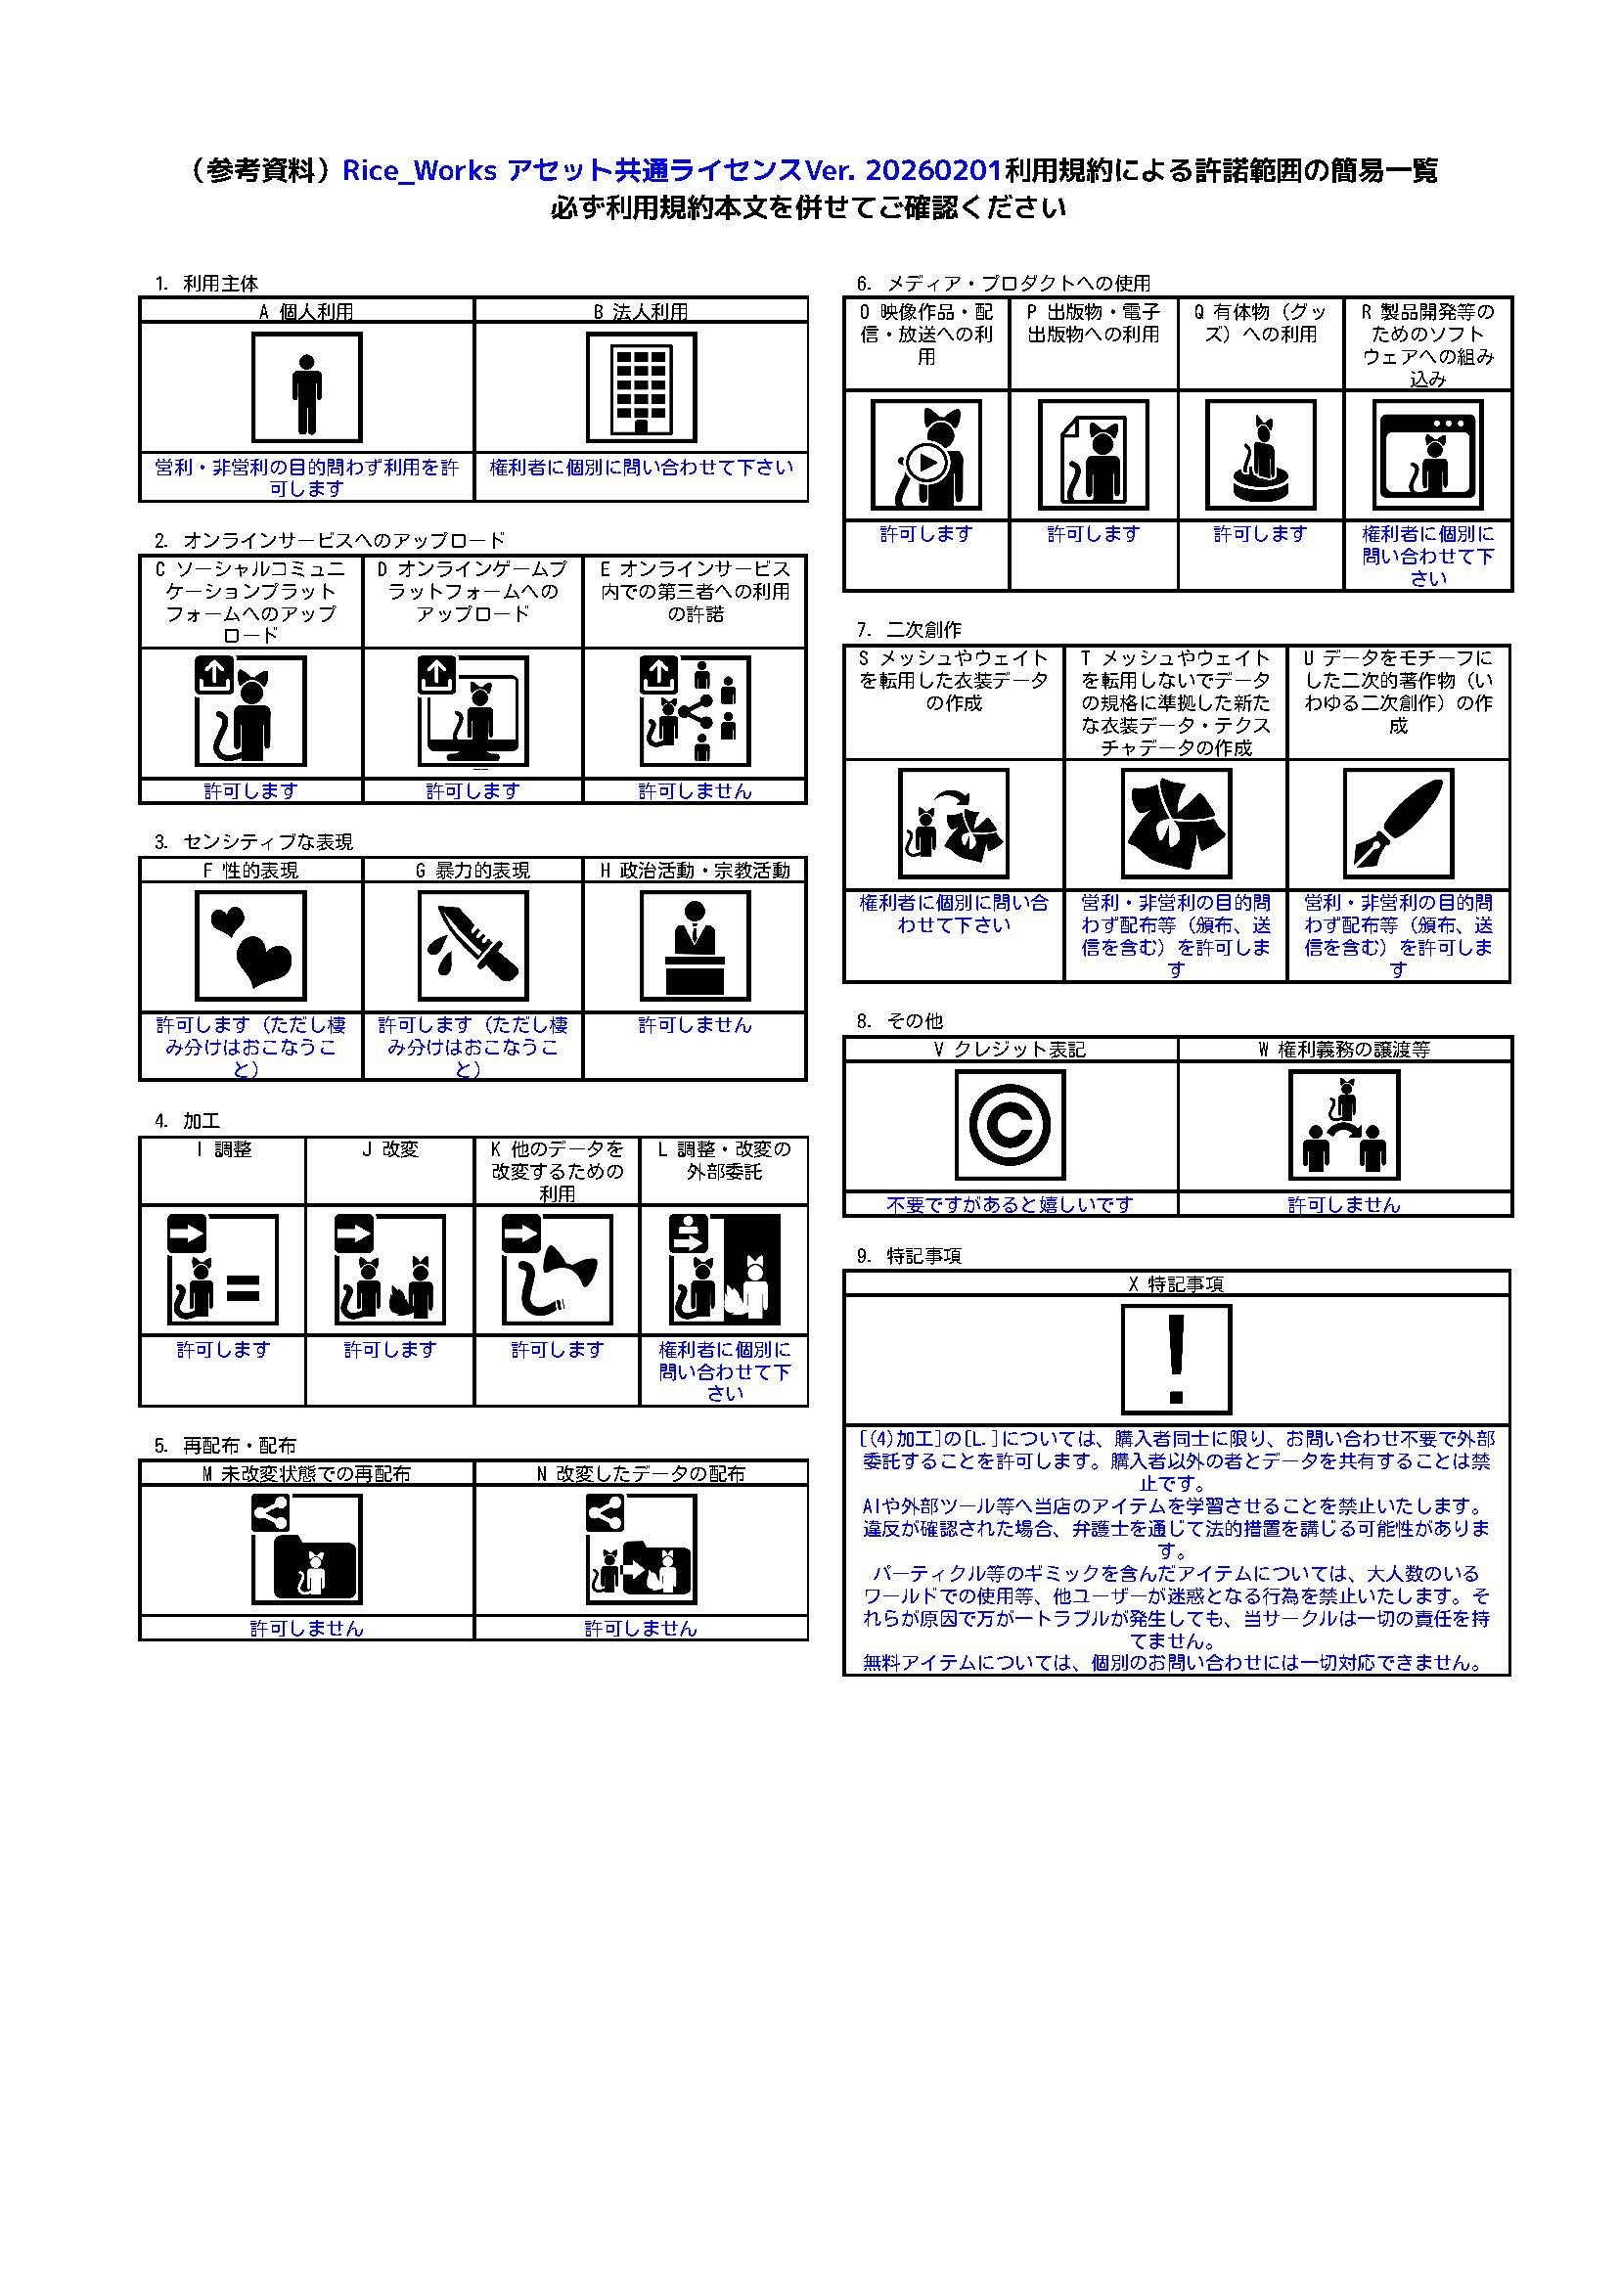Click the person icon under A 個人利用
click(307, 388)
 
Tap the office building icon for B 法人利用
click(641, 388)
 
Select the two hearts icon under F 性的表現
click(250, 946)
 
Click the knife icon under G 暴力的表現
click(472, 946)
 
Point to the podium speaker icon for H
click(696, 946)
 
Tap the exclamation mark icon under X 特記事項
click(1177, 1360)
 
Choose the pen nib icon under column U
click(1399, 823)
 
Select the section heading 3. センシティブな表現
click(253, 842)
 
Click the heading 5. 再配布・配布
click(225, 1445)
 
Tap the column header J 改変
click(389, 1150)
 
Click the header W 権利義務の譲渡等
click(1345, 1050)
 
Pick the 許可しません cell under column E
click(696, 791)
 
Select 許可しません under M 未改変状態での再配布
click(306, 1629)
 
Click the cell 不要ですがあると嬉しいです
click(1011, 1204)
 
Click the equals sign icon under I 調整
click(245, 1289)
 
